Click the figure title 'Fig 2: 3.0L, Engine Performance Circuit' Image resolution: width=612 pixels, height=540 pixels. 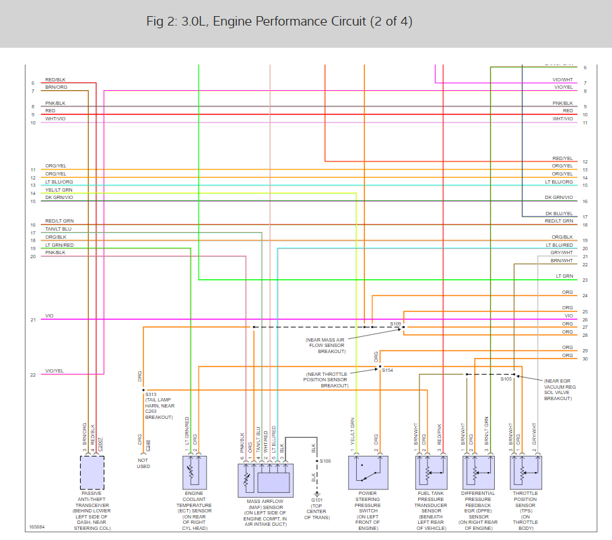(279, 22)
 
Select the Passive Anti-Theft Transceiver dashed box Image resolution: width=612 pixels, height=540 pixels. (92, 472)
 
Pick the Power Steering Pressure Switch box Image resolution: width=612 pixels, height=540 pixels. (368, 472)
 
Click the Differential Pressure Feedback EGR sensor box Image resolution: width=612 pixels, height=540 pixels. (477, 472)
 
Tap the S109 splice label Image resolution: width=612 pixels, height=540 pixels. (395, 323)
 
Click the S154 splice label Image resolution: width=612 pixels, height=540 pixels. (387, 371)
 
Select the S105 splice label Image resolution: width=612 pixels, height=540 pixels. (506, 379)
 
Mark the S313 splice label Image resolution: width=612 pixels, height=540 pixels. (151, 395)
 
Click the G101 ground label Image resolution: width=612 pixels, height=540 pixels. (316, 500)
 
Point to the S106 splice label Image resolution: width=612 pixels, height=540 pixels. (325, 461)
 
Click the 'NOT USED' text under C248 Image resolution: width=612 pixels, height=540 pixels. (143, 463)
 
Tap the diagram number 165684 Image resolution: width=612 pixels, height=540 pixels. (37, 527)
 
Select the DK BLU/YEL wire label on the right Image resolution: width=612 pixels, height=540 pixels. (559, 213)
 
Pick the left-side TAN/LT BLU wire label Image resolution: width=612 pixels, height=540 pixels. (58, 229)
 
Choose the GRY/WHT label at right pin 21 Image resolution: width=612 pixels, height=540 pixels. (562, 252)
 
